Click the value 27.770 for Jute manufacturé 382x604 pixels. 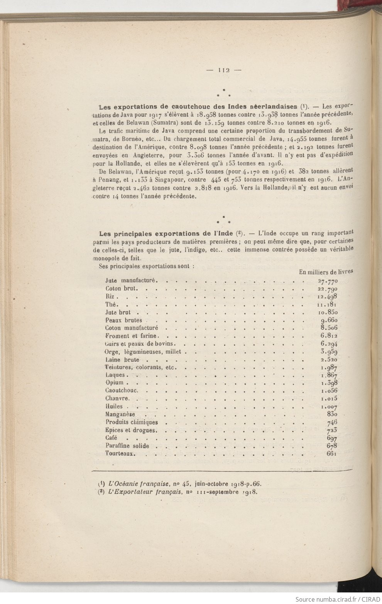[x=328, y=280]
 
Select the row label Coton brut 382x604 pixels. [x=120, y=288]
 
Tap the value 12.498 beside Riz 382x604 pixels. [x=328, y=296]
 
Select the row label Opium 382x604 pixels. [x=115, y=383]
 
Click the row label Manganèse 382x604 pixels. [x=120, y=414]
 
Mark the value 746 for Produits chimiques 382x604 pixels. [x=332, y=422]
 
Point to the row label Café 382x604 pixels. [x=111, y=438]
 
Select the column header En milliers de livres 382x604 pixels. [x=326, y=272]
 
